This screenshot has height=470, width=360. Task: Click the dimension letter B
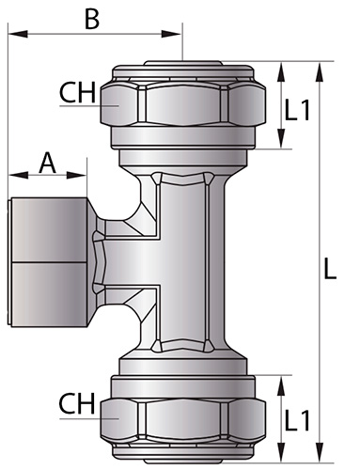point(92,19)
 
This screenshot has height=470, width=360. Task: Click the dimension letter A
point(47,163)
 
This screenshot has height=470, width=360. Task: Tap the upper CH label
point(77,92)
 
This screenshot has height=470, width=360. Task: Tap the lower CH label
point(77,403)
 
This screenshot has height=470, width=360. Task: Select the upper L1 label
point(297,110)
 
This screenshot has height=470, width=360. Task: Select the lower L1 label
point(297,420)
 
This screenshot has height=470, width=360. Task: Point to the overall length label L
point(330,269)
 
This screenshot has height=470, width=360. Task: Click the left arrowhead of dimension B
point(18,34)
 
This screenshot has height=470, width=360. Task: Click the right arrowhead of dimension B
point(171,34)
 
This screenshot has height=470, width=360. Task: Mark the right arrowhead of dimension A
point(76,175)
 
